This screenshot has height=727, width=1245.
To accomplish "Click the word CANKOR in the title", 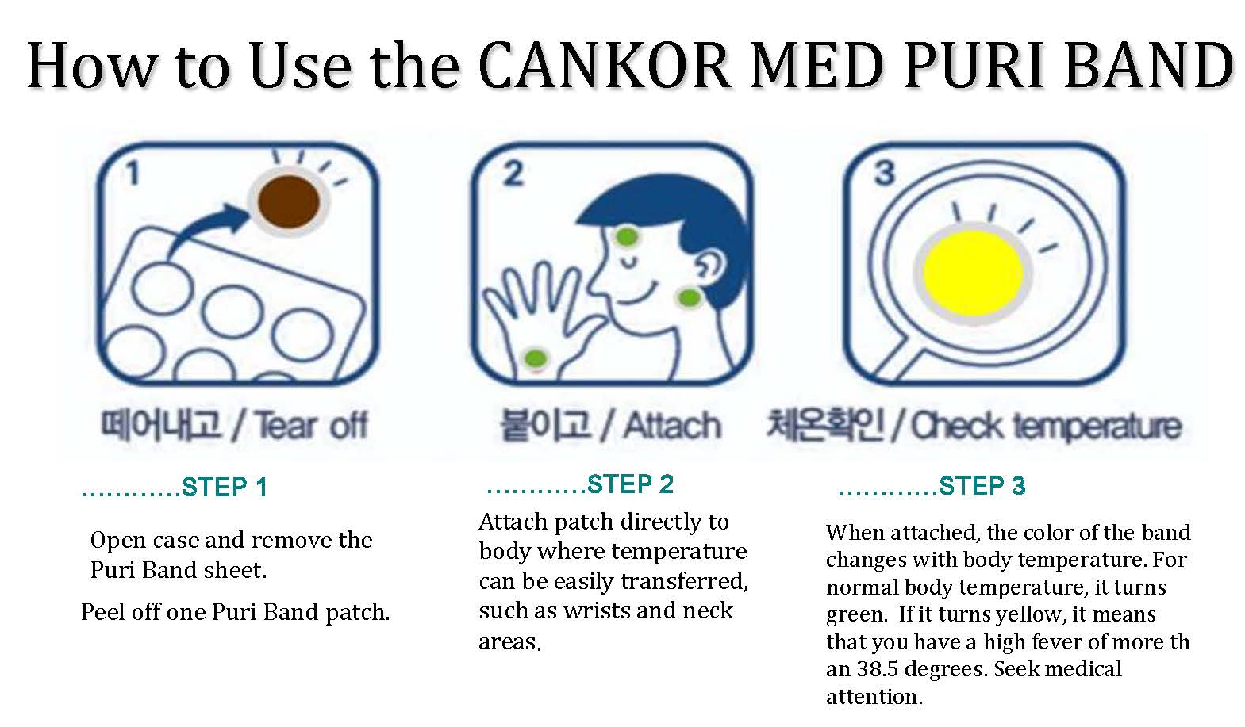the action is (x=605, y=66).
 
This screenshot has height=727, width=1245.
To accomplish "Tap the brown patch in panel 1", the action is (x=289, y=201).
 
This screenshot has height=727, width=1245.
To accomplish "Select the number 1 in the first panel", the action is (x=133, y=174).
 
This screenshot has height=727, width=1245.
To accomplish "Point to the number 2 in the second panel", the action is (x=513, y=174).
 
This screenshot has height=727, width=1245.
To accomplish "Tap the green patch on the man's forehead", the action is (x=627, y=236).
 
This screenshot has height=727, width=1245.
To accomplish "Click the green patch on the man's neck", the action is (x=690, y=298).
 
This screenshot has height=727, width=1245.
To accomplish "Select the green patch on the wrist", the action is (x=536, y=358).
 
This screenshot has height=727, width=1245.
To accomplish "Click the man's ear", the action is (x=710, y=266).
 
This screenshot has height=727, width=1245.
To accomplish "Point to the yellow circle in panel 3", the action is (x=973, y=272).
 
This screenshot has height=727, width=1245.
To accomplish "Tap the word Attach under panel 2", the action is (x=671, y=426).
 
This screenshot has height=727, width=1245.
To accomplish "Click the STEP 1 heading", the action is (x=225, y=487).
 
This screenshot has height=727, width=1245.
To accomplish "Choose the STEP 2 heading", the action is (x=630, y=484).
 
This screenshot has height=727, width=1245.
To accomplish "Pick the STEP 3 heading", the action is (x=982, y=485).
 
